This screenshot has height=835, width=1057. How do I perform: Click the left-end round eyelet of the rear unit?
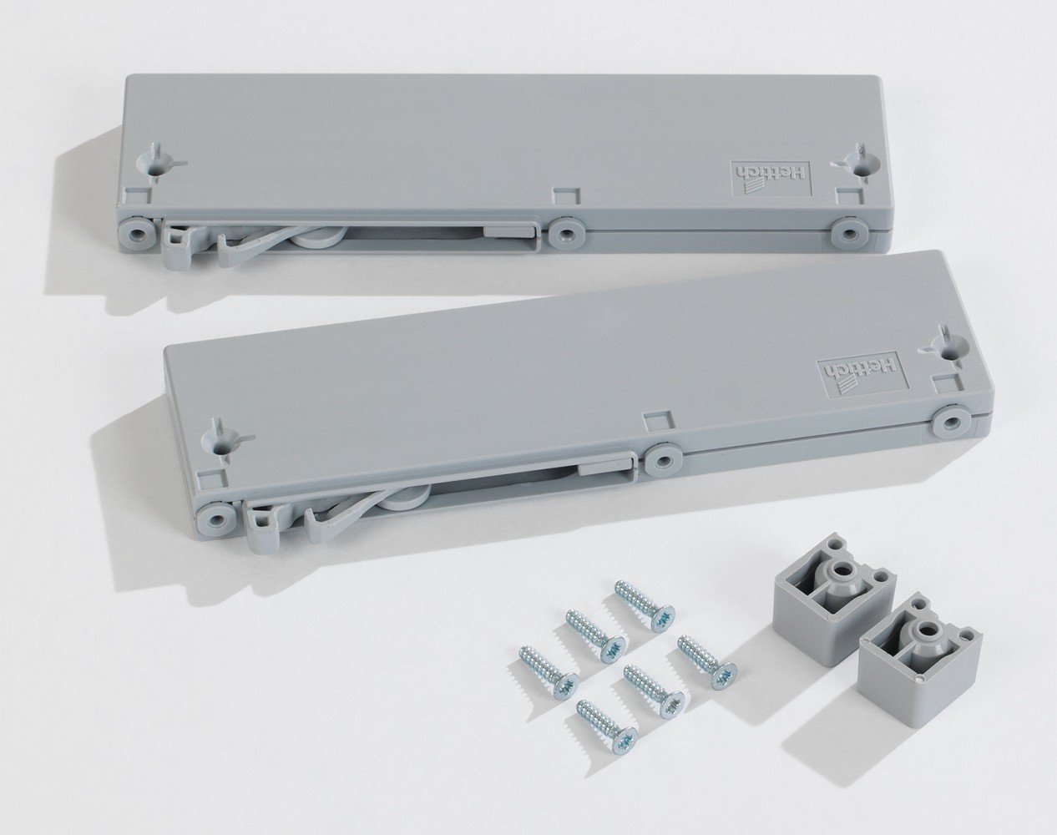(x=135, y=233)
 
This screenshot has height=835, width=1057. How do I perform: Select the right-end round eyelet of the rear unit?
(x=849, y=235)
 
